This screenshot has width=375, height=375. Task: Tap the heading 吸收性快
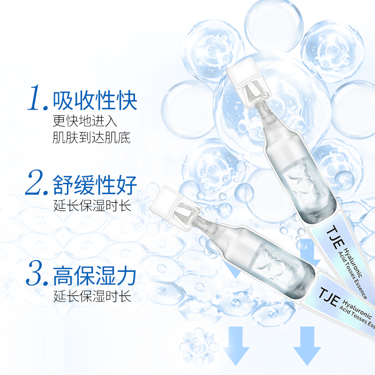coord(95,100)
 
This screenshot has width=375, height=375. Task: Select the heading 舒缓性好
coord(95,185)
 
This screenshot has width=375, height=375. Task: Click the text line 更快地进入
coord(85,121)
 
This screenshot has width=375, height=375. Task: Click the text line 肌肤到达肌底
coord(92,138)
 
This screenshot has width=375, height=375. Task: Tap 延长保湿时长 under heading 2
coord(92,206)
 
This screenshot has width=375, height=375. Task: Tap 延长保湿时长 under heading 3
coord(92,296)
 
